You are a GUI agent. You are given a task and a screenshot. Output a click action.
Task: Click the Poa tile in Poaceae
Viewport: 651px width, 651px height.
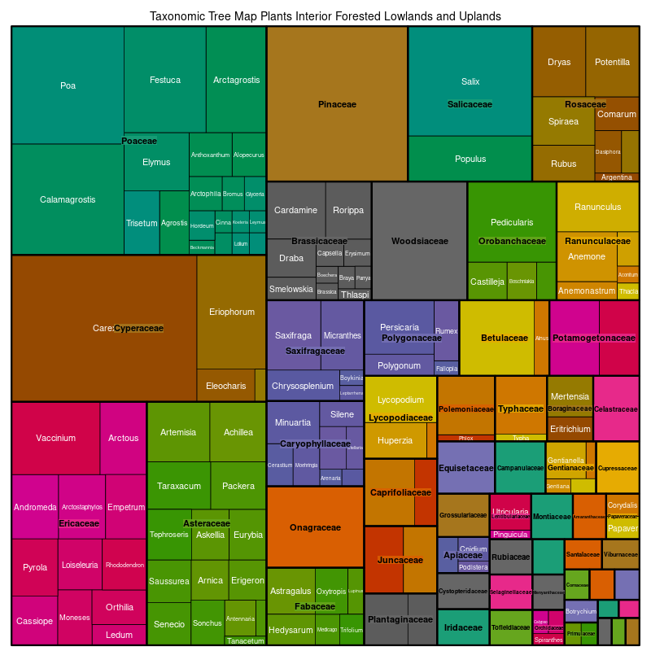point(68,85)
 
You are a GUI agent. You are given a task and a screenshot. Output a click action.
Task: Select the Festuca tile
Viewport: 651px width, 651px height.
point(165,80)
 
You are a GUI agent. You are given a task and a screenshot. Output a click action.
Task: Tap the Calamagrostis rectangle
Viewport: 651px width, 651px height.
point(68,199)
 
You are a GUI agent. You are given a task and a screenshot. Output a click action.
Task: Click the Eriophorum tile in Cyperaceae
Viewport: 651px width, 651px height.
point(231,312)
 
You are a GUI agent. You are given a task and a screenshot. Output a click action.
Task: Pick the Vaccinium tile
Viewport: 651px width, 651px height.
point(55,438)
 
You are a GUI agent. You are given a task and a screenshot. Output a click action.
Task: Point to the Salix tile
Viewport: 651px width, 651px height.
point(470,81)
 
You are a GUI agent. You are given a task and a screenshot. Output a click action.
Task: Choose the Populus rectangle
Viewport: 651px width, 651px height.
point(470,159)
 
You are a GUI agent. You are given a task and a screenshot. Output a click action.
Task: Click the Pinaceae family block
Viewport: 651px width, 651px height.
point(337,104)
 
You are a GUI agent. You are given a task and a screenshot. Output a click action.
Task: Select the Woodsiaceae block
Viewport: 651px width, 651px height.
point(419,241)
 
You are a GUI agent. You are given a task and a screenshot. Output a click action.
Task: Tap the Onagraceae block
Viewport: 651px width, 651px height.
point(315,527)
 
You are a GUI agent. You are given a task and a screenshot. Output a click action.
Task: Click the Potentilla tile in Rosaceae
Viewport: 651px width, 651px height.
point(612,62)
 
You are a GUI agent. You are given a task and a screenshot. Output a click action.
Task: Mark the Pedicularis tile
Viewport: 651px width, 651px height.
point(512,222)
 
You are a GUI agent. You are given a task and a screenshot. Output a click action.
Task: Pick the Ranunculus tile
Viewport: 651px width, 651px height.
point(597,207)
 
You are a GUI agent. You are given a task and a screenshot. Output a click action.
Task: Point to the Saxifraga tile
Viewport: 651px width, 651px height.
point(293,335)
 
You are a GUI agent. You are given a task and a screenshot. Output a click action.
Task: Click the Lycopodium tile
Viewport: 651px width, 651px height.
point(400,400)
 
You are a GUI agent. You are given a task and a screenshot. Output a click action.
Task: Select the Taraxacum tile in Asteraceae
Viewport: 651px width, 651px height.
point(178,486)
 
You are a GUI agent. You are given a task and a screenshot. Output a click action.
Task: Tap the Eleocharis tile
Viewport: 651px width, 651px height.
point(225,386)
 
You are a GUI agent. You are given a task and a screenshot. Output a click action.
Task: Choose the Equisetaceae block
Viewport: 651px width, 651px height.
point(465,468)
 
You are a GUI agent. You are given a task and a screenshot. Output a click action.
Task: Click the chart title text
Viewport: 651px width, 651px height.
point(325,16)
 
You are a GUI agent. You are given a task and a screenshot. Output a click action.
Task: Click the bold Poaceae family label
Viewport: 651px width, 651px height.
point(139,141)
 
